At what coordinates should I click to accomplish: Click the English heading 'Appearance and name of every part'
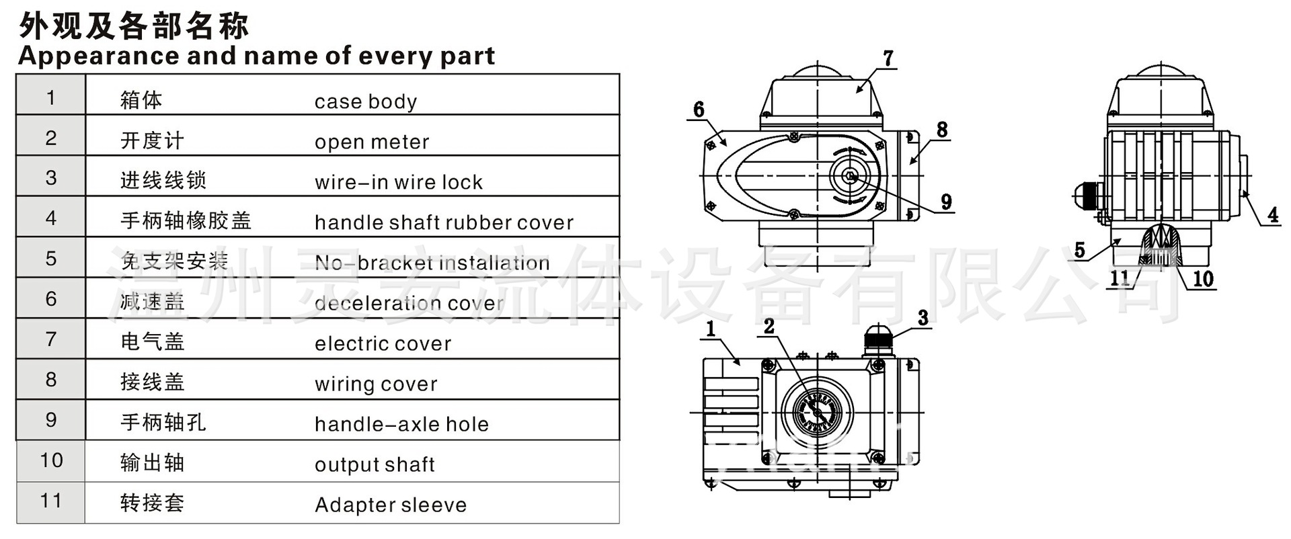point(256,56)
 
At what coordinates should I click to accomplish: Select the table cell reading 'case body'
point(366,101)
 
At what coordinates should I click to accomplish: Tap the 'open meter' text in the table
point(371,142)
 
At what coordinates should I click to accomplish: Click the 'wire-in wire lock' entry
point(398,182)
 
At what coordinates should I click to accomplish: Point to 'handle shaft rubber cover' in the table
point(444,222)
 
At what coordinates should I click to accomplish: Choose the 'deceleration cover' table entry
point(409,303)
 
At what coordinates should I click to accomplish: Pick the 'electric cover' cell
point(383,343)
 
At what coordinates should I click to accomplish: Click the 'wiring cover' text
point(376,384)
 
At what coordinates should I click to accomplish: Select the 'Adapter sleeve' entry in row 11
point(391,505)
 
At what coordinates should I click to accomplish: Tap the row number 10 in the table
point(51,460)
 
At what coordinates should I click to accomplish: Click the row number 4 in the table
point(51,218)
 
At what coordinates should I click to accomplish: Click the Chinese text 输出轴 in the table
point(152,463)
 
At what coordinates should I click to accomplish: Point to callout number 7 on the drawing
point(888,58)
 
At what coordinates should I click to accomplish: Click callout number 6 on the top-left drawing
point(699,110)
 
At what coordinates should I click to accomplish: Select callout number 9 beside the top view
point(946,202)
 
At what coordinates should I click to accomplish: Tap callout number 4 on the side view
point(1273,215)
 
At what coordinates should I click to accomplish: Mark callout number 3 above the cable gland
point(923,318)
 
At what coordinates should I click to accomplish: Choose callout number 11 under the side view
point(1119,278)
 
